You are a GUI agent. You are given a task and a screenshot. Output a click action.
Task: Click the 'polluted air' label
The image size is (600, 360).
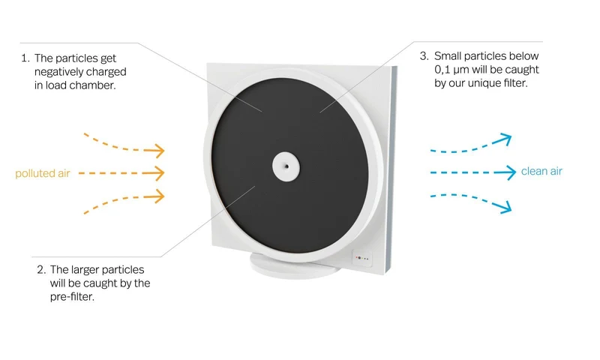click(43, 174)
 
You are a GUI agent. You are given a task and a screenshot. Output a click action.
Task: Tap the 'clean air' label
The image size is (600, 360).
click(541, 171)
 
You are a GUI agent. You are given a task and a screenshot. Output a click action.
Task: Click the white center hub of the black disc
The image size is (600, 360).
click(286, 166)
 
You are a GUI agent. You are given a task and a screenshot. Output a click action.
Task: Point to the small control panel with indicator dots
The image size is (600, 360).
click(361, 258)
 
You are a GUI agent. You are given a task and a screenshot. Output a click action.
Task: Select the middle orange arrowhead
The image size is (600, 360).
click(157, 173)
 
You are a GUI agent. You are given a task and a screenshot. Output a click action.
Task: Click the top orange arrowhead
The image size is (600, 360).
click(157, 150)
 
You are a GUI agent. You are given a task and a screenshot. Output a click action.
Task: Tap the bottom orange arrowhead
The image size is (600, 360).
click(157, 196)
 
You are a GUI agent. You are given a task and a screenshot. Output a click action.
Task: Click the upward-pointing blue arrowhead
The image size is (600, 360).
click(504, 139)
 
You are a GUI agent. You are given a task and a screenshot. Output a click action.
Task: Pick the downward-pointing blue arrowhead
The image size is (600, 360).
click(504, 206)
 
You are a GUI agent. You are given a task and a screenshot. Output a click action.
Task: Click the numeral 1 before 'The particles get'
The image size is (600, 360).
click(25, 58)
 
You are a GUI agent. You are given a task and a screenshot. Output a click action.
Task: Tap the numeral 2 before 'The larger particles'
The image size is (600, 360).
click(41, 270)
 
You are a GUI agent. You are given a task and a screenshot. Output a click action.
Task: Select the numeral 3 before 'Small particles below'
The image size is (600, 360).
click(424, 55)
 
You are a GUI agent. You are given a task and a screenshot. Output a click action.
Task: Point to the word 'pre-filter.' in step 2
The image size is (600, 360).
click(72, 297)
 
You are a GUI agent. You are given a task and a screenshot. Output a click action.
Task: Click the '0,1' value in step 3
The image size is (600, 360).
click(442, 70)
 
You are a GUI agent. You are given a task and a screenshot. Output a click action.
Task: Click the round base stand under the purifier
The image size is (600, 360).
click(295, 267)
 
